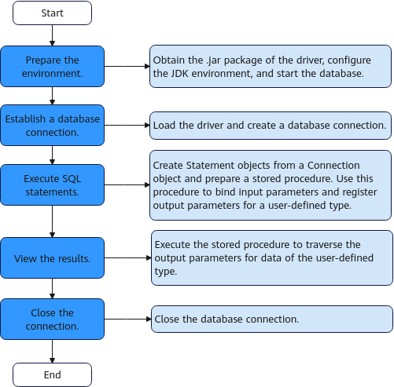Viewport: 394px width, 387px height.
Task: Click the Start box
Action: [x=52, y=13]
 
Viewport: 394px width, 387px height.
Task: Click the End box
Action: [x=52, y=374]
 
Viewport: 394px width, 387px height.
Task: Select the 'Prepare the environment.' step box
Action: [x=52, y=67]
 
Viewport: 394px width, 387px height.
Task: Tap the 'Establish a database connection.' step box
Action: [x=52, y=126]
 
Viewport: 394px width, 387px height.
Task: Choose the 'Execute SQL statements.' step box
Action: [x=52, y=185]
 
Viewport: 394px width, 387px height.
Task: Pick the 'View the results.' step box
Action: [x=52, y=258]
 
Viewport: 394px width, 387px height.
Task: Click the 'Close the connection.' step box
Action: [x=52, y=319]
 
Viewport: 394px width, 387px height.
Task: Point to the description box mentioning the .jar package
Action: [x=271, y=67]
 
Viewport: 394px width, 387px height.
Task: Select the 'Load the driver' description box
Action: [x=271, y=126]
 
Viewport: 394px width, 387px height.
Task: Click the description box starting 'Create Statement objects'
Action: [x=271, y=185]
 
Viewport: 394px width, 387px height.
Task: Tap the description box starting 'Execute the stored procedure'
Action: [x=272, y=257]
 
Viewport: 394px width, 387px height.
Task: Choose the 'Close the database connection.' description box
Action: [x=272, y=319]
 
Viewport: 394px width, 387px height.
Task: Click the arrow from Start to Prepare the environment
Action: [x=52, y=35]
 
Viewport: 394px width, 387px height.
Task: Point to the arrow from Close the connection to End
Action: [x=52, y=352]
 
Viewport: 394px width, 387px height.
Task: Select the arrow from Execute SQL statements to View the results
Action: [x=52, y=221]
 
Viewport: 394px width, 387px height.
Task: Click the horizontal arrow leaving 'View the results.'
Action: [x=127, y=258]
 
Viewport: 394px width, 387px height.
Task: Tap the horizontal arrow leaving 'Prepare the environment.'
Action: [x=127, y=67]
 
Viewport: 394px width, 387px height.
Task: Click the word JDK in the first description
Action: [x=179, y=74]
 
